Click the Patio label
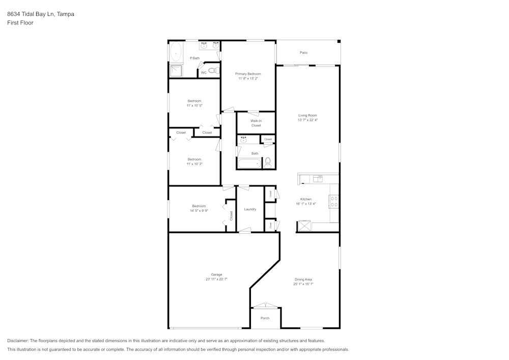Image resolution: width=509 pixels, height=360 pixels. pyautogui.click(x=303, y=52)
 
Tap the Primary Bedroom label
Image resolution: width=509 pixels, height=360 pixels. pyautogui.click(x=248, y=74)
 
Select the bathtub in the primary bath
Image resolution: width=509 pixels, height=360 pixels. pyautogui.click(x=176, y=52)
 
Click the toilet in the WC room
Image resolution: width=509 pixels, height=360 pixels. pyautogui.click(x=213, y=70)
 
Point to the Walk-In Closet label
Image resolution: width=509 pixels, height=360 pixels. pyautogui.click(x=256, y=123)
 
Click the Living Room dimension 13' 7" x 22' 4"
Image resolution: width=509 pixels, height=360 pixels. pyautogui.click(x=307, y=120)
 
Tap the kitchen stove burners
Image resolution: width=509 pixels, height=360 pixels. pyautogui.click(x=334, y=201)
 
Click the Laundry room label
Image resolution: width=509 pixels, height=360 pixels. pyautogui.click(x=250, y=209)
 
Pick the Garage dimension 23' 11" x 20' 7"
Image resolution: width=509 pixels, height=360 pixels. pyautogui.click(x=216, y=279)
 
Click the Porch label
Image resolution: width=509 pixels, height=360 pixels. pyautogui.click(x=265, y=318)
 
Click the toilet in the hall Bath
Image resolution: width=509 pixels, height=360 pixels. pyautogui.click(x=268, y=163)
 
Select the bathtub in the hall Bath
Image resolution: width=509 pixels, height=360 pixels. pyautogui.click(x=249, y=163)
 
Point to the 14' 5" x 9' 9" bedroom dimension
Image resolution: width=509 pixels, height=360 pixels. pyautogui.click(x=199, y=210)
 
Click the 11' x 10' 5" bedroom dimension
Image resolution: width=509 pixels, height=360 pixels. pyautogui.click(x=194, y=105)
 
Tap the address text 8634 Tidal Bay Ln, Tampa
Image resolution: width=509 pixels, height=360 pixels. pyautogui.click(x=41, y=14)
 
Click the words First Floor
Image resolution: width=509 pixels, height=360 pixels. pyautogui.click(x=20, y=23)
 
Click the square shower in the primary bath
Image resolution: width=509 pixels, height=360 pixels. pyautogui.click(x=176, y=71)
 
